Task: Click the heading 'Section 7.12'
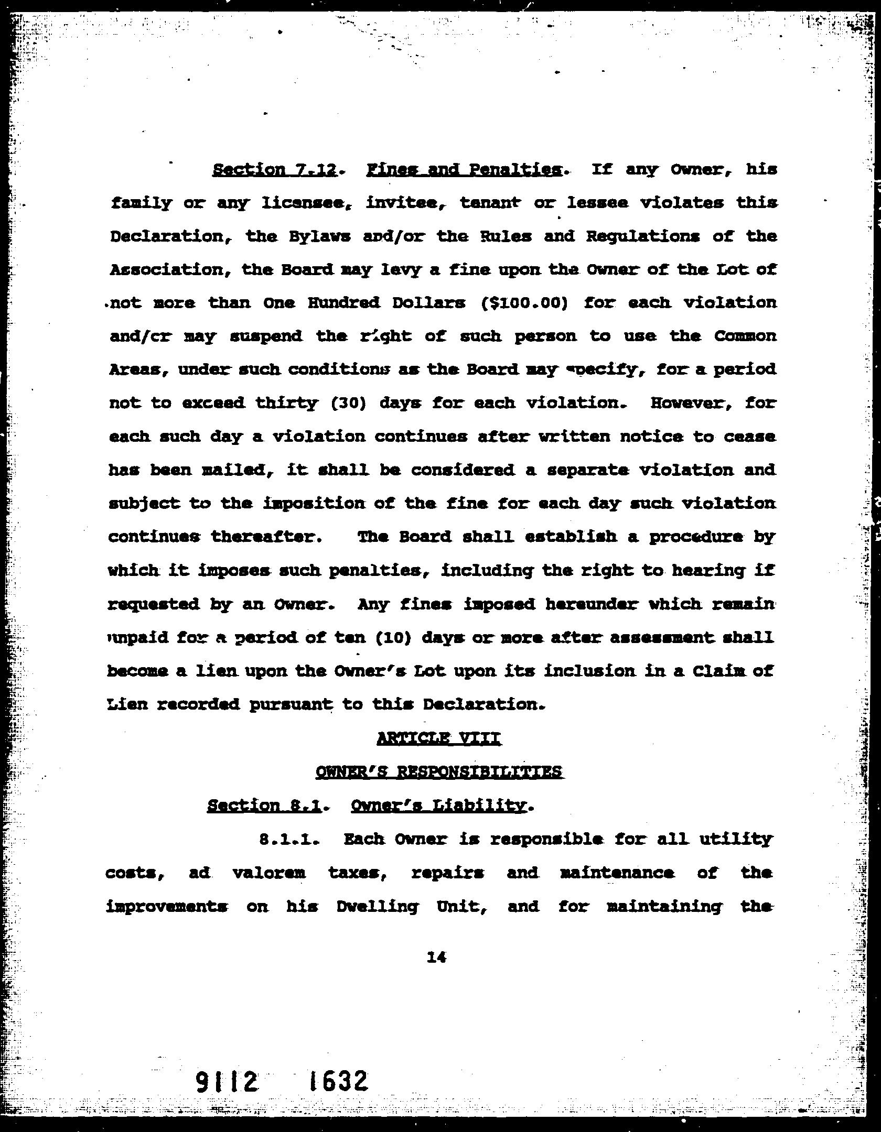pyautogui.click(x=274, y=170)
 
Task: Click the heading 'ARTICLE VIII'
pyautogui.click(x=439, y=738)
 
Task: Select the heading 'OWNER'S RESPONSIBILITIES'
pyautogui.click(x=439, y=772)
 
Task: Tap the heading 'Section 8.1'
pyautogui.click(x=264, y=806)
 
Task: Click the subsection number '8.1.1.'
pyautogui.click(x=289, y=839)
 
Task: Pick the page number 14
pyautogui.click(x=437, y=957)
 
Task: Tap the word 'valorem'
pyautogui.click(x=268, y=873)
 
